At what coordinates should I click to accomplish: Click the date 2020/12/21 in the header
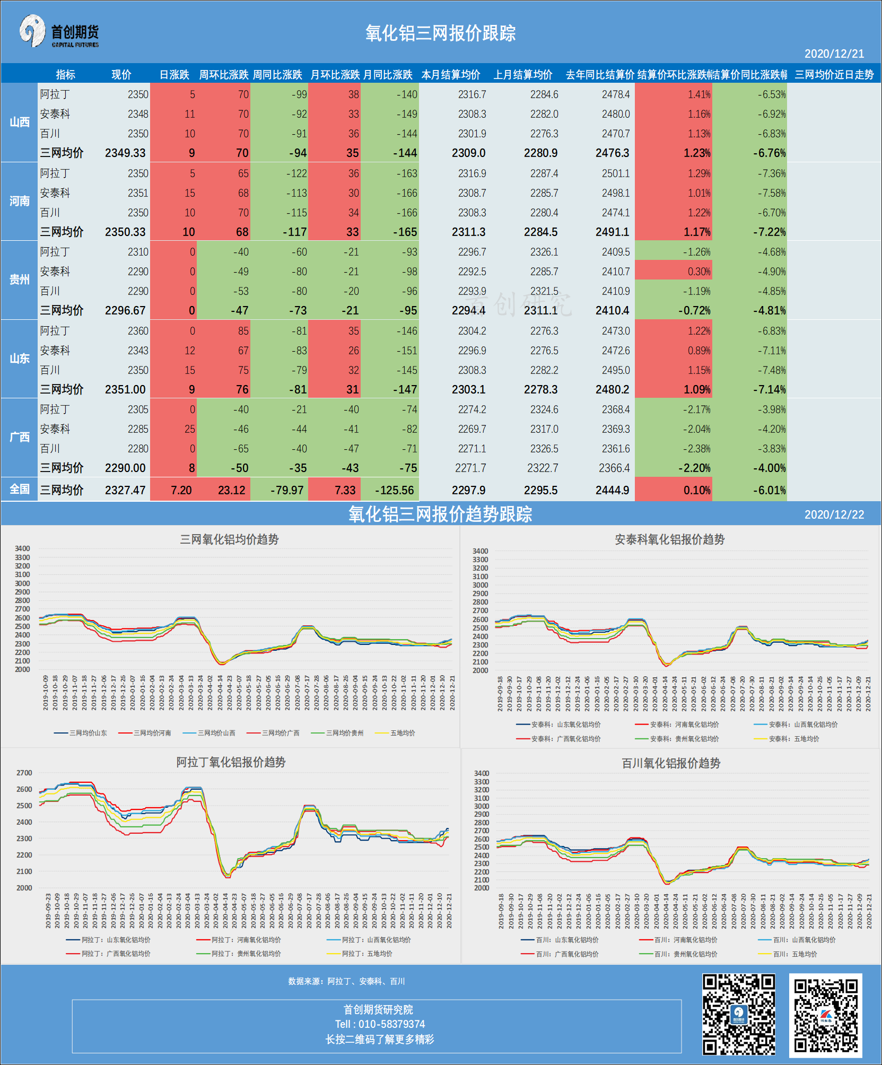[834, 54]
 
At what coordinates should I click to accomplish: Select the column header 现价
[121, 75]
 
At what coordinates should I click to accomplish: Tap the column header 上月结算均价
[522, 75]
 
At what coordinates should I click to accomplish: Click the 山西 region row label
[19, 122]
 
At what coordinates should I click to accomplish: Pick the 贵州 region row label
[19, 280]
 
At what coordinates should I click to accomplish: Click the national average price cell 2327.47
[125, 490]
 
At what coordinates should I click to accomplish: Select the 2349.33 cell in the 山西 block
[125, 153]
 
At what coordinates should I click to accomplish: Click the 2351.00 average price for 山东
[125, 389]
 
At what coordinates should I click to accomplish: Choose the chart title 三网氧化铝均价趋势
[229, 539]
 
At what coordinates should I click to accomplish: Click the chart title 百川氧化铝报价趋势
[670, 763]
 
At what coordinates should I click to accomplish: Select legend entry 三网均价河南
[152, 733]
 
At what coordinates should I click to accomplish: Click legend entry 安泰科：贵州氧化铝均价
[684, 739]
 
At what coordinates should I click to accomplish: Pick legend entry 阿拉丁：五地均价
[366, 954]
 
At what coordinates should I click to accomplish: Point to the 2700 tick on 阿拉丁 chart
[24, 773]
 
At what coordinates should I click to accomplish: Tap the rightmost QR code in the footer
[825, 1015]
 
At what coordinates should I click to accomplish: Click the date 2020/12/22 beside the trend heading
[834, 514]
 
